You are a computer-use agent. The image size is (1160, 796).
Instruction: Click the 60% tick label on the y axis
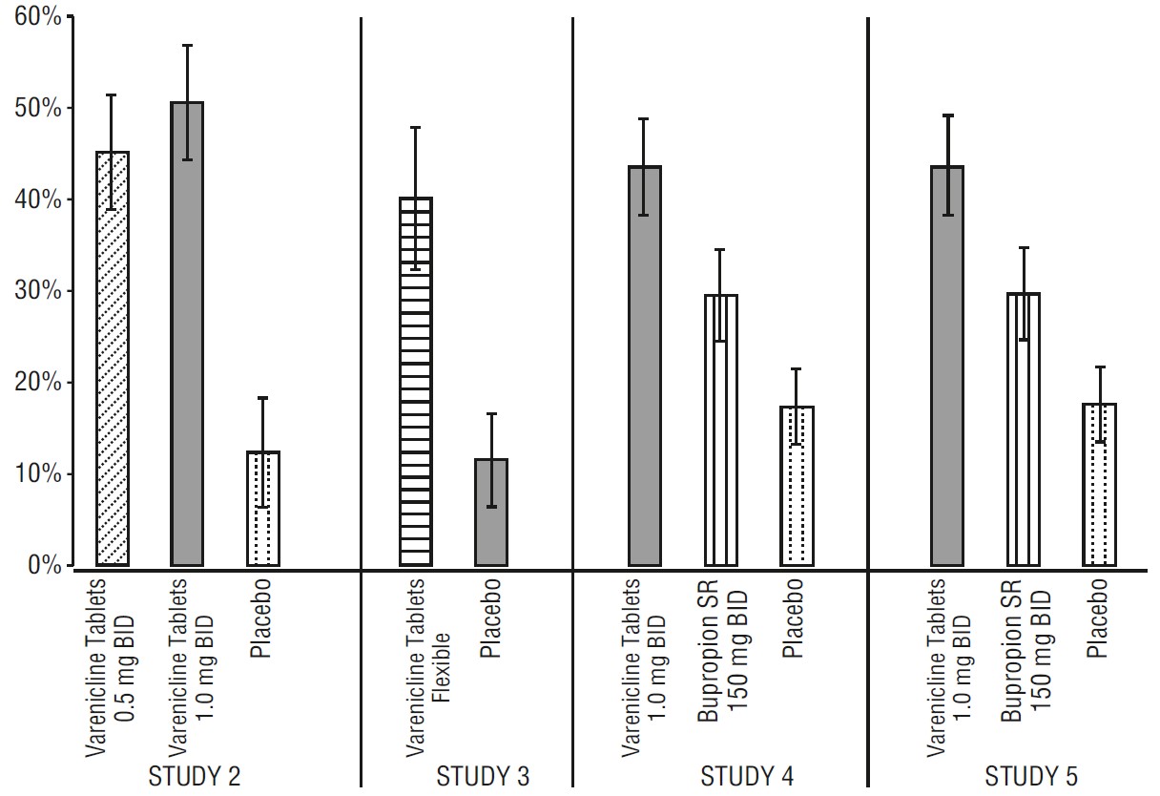click(x=35, y=17)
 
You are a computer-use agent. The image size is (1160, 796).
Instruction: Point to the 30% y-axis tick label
click(x=35, y=292)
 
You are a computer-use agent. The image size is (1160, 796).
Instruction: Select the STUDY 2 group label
click(x=194, y=776)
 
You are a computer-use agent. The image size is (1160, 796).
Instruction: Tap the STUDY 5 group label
click(x=1033, y=776)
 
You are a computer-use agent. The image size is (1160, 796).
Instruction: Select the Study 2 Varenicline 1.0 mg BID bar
click(x=187, y=333)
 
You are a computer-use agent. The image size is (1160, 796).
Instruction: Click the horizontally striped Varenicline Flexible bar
click(x=415, y=382)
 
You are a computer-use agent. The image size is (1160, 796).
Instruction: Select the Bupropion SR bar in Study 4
click(x=721, y=429)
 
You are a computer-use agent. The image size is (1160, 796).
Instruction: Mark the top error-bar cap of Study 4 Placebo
click(x=796, y=369)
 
